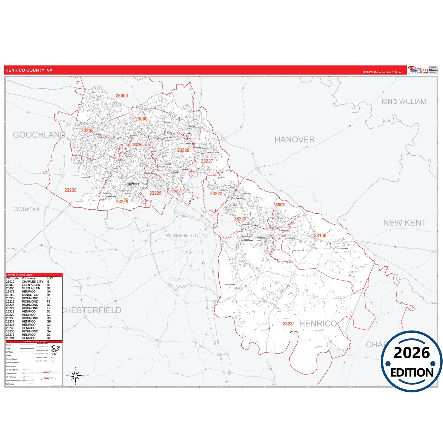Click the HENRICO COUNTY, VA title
(x=29, y=70)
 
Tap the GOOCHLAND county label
(x=39, y=135)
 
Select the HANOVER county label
(x=294, y=140)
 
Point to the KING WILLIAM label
(x=403, y=101)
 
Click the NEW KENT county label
(x=404, y=223)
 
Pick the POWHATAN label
(x=25, y=209)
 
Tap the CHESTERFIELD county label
(x=91, y=310)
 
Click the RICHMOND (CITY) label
(x=186, y=235)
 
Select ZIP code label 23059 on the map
(x=122, y=96)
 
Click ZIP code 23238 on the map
(x=71, y=190)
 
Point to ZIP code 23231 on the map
(x=288, y=324)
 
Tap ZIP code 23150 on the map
(x=320, y=235)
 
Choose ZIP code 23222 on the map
(x=216, y=193)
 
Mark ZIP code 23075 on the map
(x=280, y=204)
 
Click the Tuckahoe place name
(x=133, y=184)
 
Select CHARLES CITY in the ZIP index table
(x=32, y=282)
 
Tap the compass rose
(x=75, y=375)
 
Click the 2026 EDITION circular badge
(x=411, y=361)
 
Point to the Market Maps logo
(x=418, y=70)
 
